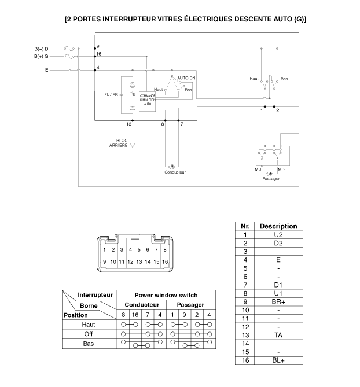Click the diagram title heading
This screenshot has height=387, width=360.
(186, 19)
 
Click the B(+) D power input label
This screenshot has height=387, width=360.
(41, 49)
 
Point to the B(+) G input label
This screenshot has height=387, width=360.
(41, 56)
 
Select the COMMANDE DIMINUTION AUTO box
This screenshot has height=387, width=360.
(147, 99)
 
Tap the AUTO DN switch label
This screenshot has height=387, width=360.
(186, 78)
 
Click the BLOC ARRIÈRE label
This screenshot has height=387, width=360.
(122, 142)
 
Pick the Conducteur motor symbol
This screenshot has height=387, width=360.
(172, 166)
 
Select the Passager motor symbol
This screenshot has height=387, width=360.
(270, 173)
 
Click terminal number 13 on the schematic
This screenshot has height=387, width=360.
(130, 124)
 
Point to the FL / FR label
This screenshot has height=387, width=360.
(112, 94)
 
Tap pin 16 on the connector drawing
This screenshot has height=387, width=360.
(166, 261)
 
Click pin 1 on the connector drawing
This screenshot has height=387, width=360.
(105, 250)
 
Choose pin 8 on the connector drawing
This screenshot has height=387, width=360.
(166, 250)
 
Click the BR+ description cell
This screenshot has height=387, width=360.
(278, 301)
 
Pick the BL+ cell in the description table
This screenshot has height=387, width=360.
(278, 360)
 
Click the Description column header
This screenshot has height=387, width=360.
(278, 226)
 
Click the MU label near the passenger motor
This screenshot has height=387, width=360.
(258, 169)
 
